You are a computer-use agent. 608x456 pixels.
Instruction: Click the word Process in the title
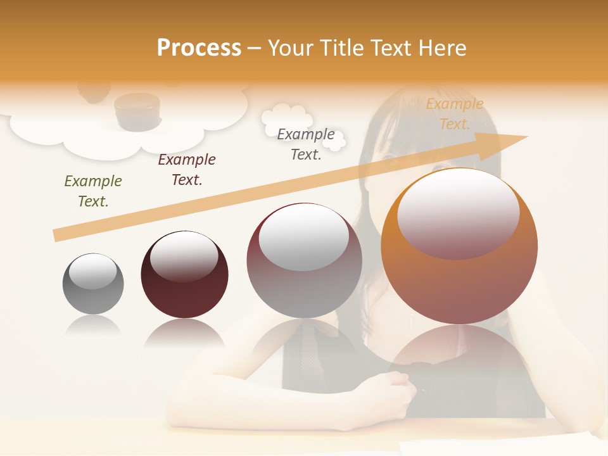[199, 47]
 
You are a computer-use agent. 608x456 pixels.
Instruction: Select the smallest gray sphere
[93, 284]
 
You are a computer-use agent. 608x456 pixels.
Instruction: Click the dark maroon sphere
[184, 274]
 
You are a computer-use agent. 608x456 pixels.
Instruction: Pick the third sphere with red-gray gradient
[304, 260]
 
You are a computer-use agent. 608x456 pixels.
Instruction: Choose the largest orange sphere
[459, 246]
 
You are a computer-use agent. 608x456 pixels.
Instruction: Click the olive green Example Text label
[93, 191]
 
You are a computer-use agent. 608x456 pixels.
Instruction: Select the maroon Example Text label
[187, 169]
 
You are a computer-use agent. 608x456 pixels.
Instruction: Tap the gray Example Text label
[306, 144]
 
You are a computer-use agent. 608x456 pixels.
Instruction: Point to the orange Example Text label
[454, 114]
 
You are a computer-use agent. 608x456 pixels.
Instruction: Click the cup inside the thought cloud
[137, 111]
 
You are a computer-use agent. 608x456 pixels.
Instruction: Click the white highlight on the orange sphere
[458, 213]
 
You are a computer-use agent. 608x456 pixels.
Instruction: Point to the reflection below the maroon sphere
[184, 332]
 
